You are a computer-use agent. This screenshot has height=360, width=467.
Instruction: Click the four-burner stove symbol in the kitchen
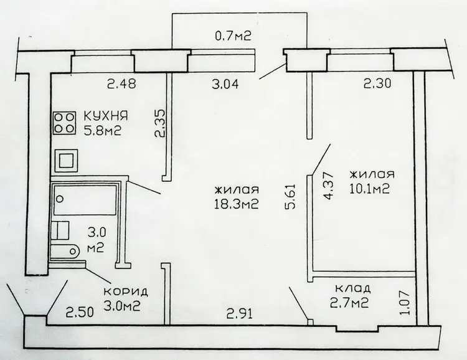64,123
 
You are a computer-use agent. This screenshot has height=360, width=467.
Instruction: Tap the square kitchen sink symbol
66,161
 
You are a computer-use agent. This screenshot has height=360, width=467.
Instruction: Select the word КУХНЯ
106,116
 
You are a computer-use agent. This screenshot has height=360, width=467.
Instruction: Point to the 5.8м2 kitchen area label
103,130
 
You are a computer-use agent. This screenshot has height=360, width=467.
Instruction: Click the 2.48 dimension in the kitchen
121,83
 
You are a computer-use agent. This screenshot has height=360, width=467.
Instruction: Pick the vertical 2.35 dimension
159,123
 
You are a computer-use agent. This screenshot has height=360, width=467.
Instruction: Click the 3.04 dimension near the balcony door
225,84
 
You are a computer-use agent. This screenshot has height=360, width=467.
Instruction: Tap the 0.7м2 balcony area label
233,36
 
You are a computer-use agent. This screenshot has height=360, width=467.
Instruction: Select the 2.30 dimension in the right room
377,83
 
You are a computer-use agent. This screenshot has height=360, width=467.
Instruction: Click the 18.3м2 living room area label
236,204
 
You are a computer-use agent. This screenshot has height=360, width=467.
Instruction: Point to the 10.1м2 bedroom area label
370,189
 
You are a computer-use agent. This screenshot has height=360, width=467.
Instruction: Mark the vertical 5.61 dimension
290,196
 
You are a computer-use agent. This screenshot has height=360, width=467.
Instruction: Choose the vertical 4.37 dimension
329,186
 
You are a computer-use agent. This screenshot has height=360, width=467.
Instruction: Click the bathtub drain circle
60,199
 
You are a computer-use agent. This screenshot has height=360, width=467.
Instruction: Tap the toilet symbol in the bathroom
65,252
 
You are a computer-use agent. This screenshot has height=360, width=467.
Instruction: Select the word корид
126,291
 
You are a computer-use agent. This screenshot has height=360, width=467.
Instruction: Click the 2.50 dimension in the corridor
80,312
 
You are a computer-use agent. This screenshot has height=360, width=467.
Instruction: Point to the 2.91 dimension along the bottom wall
240,314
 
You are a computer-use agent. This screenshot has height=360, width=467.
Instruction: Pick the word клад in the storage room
352,288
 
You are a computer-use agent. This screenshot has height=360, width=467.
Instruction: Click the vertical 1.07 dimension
406,302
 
